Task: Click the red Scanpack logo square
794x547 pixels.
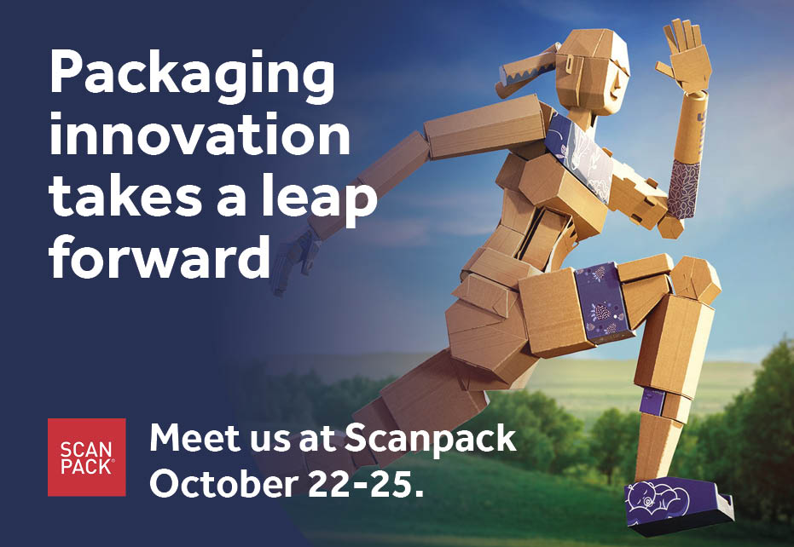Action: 86,457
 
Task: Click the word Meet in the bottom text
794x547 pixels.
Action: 190,439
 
